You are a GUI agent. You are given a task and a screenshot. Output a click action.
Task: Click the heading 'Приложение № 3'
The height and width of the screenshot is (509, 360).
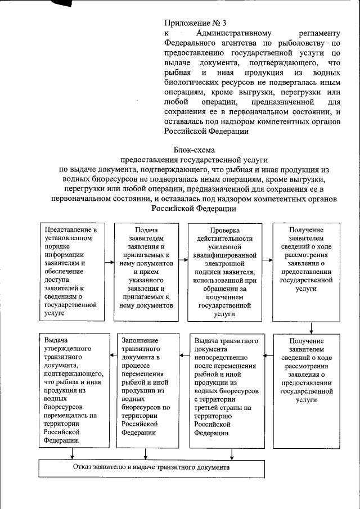[x=195, y=24]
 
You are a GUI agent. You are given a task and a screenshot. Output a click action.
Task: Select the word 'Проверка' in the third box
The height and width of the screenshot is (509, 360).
[x=224, y=231]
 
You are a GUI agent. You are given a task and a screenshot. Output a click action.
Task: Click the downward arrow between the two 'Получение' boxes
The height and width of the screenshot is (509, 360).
[x=311, y=327]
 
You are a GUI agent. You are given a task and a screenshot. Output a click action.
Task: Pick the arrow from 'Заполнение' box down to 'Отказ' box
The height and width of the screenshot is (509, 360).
[x=146, y=454]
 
